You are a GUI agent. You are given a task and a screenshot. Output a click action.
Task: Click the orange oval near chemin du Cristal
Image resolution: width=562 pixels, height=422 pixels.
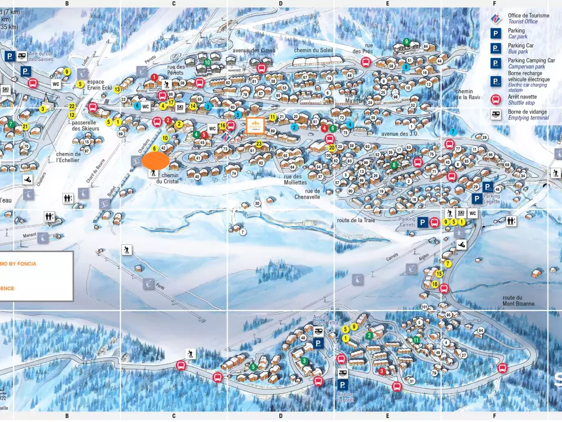click(x=156, y=161)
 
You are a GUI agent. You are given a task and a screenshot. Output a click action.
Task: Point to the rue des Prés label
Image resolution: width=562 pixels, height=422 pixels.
click(x=363, y=48)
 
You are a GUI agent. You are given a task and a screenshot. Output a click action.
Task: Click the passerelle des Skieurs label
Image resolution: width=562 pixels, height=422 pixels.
click(x=85, y=125)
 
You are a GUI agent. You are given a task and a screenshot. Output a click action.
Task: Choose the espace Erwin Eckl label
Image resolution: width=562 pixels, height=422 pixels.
click(x=100, y=84)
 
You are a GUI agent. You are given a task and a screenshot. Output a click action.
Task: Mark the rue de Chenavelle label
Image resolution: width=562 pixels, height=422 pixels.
click(x=307, y=194)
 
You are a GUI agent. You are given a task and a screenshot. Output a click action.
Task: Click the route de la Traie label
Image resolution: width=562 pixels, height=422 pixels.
click(x=356, y=221)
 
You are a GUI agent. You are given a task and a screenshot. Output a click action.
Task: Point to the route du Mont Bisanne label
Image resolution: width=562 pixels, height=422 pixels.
click(x=518, y=300)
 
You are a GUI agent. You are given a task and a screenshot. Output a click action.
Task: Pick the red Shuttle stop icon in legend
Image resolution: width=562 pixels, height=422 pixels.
click(x=496, y=100)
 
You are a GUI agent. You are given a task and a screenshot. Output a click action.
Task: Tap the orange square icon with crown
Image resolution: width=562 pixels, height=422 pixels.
click(x=255, y=125)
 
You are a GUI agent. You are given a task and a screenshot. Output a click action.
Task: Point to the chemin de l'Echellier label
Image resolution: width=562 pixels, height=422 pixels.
click(x=68, y=157)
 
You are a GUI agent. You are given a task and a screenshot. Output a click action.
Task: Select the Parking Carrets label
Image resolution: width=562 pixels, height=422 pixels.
click(x=407, y=222)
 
